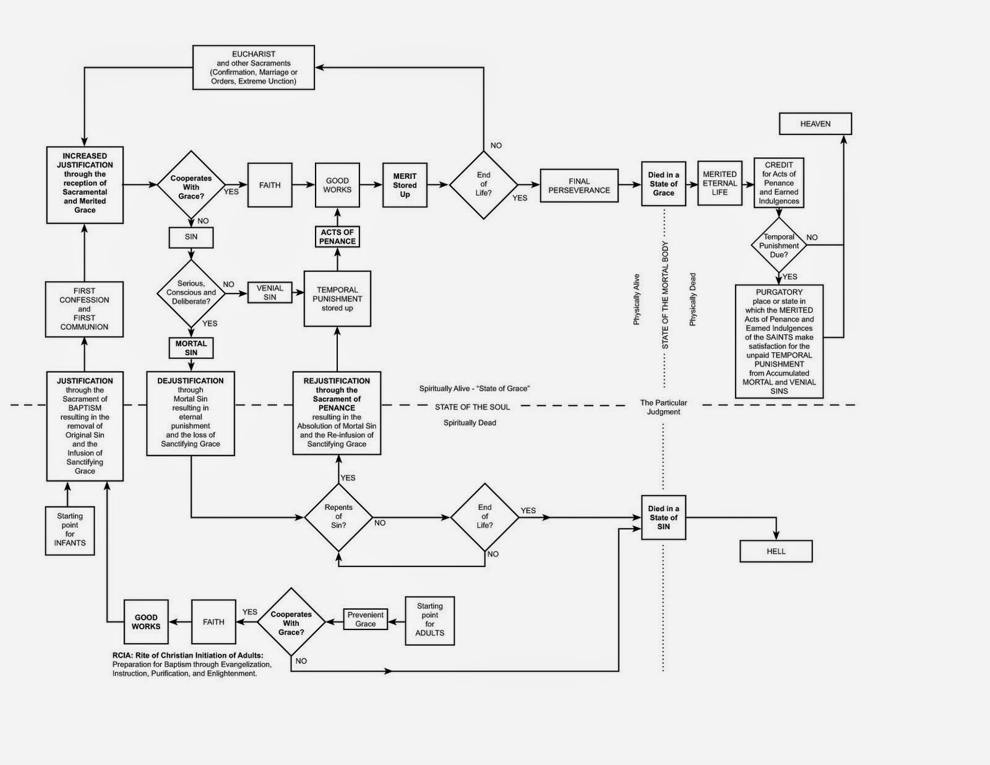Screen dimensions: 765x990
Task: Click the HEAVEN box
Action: coord(815,124)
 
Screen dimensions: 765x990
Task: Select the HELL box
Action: coord(776,551)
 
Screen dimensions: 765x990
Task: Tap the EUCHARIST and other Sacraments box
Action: coord(253,67)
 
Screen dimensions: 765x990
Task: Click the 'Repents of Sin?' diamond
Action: coord(338,517)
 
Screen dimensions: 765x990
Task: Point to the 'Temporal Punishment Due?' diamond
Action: coord(779,246)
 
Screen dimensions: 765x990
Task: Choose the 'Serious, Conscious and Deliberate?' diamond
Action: coord(191,293)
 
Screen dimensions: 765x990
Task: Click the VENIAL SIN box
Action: coord(270,293)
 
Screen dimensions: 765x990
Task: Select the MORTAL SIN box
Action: coord(191,348)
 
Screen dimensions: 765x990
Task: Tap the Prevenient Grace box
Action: coord(365,619)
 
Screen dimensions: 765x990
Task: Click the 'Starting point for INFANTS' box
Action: coord(70,530)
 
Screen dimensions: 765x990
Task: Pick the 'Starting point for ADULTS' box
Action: coord(429,620)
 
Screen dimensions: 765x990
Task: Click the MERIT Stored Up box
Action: coord(405,185)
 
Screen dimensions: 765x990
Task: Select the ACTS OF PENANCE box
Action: coord(337,237)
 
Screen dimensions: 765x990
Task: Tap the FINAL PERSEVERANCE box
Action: coord(579,186)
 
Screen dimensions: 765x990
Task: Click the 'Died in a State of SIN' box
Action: coord(663,517)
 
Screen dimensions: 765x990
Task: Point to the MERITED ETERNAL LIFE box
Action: coord(720,183)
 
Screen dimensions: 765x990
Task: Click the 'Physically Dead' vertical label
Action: coord(692,300)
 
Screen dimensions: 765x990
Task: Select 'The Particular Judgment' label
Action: coord(663,407)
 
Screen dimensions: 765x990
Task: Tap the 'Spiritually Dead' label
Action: coord(470,423)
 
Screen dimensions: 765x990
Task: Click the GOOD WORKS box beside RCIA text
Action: coord(146,622)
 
